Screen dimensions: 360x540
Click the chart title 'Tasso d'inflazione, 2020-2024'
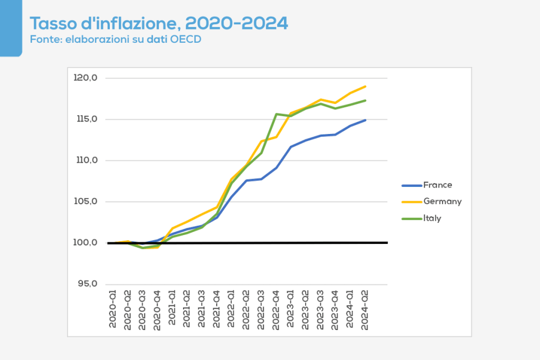point(159,24)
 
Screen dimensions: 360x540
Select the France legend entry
point(438,185)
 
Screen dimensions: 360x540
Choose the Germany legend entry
point(442,202)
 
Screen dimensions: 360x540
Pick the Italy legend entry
point(432,218)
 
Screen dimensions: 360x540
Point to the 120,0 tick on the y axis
point(86,78)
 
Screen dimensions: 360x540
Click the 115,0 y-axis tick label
point(86,119)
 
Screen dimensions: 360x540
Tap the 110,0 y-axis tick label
point(86,160)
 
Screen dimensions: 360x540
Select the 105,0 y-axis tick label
point(86,202)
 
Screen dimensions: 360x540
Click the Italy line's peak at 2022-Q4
point(276,114)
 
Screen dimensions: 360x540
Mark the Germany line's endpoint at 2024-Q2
point(365,87)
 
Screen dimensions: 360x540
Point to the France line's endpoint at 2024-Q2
point(365,120)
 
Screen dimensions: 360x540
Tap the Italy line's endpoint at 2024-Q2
point(365,100)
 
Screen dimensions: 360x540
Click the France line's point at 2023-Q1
point(291,147)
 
